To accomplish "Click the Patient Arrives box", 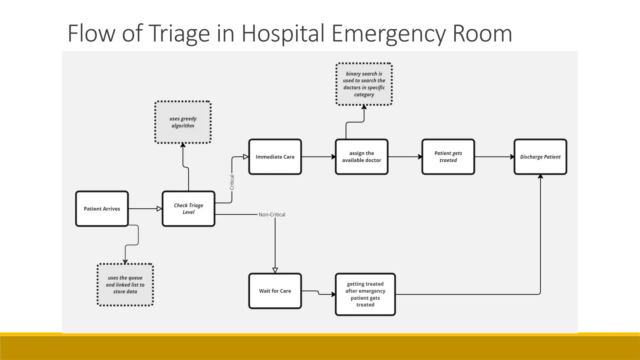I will (x=102, y=209).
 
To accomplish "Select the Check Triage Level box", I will (x=188, y=209).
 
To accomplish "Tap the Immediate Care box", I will (x=275, y=157).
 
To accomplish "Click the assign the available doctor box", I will (x=362, y=157).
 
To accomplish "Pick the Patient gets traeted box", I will (x=448, y=157).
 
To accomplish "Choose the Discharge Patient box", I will (x=540, y=157).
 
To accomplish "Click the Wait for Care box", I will (x=275, y=291).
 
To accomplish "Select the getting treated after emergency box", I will (x=365, y=294).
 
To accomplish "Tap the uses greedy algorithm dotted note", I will (x=183, y=122).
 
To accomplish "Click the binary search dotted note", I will (x=364, y=84).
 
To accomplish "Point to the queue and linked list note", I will (x=125, y=285).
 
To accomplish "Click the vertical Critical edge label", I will (x=232, y=182).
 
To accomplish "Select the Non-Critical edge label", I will (x=272, y=215).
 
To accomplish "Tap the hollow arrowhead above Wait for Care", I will (x=275, y=270).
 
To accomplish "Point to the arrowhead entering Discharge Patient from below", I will (x=540, y=177).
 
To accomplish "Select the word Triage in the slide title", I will (x=179, y=33).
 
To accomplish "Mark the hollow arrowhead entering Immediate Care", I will (x=246, y=157).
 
